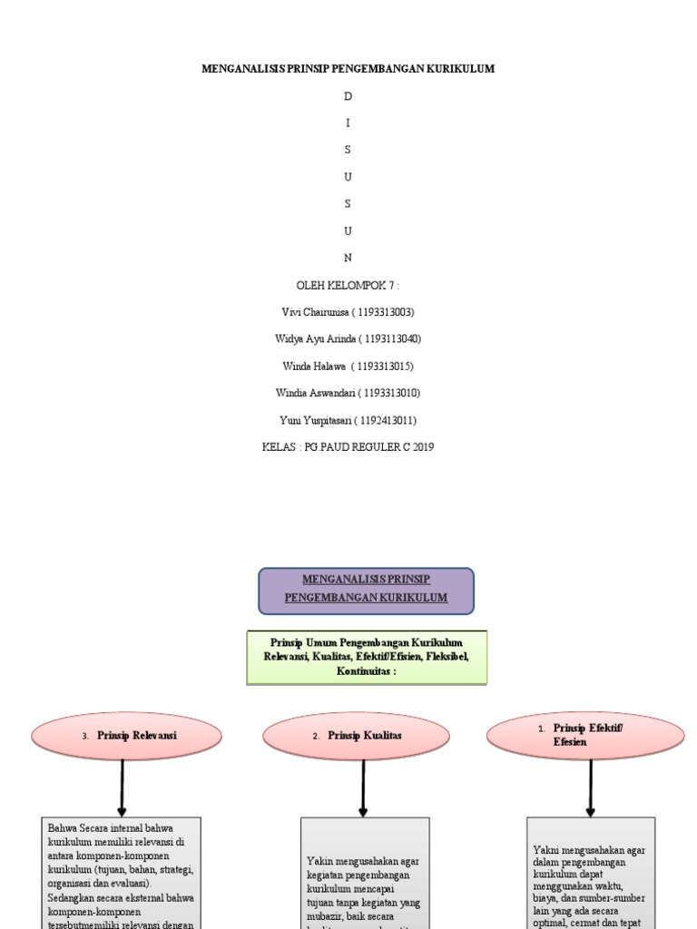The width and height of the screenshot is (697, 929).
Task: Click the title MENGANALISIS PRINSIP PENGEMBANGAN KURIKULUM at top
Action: click(x=348, y=69)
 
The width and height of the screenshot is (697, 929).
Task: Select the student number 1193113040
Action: click(x=390, y=339)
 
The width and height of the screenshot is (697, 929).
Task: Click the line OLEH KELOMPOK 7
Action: click(x=348, y=286)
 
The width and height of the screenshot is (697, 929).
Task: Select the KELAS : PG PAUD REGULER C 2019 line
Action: click(x=348, y=447)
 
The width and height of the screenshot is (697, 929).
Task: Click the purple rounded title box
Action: click(x=366, y=590)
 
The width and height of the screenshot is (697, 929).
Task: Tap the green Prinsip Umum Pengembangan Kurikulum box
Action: click(x=367, y=657)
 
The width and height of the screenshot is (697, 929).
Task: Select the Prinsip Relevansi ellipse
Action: click(x=126, y=736)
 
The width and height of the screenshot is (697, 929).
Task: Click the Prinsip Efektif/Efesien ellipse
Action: click(x=585, y=735)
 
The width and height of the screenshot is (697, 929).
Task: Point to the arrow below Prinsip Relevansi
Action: click(x=123, y=787)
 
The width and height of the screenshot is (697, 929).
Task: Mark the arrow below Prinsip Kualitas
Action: click(x=363, y=787)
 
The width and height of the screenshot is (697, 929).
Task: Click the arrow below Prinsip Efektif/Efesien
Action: click(x=591, y=787)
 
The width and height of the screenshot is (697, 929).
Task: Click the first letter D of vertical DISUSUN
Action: click(x=348, y=96)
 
